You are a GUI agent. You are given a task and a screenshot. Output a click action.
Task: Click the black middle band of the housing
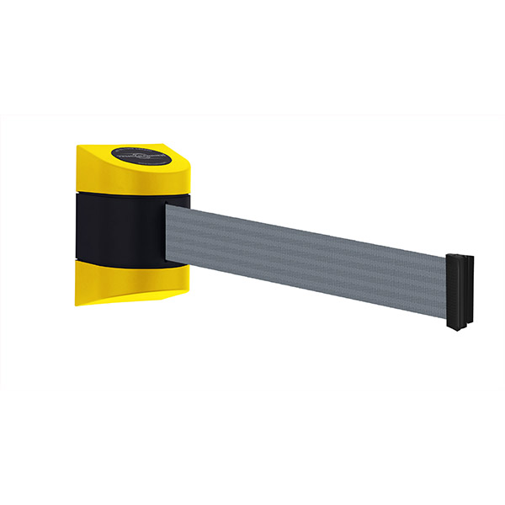pyautogui.click(x=126, y=227)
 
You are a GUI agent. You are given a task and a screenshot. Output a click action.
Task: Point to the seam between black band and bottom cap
pyautogui.click(x=126, y=262)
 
